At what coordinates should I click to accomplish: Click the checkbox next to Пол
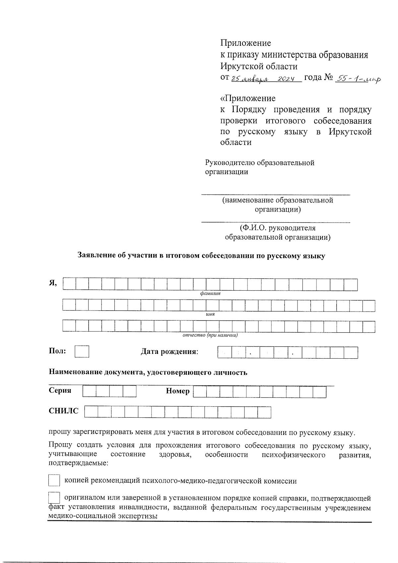[x=82, y=352]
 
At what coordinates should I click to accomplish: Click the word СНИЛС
[x=64, y=411]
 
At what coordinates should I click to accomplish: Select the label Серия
[x=60, y=390]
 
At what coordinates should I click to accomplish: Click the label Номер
[x=178, y=391]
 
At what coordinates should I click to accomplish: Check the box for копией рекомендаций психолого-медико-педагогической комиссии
[x=54, y=480]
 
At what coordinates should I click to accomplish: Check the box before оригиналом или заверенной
[x=54, y=497]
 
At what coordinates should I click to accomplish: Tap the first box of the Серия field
[x=89, y=391]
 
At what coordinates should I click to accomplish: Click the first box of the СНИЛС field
[x=91, y=412]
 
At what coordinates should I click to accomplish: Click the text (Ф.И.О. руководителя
[x=278, y=228]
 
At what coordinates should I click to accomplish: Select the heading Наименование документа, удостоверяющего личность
[x=148, y=372]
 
